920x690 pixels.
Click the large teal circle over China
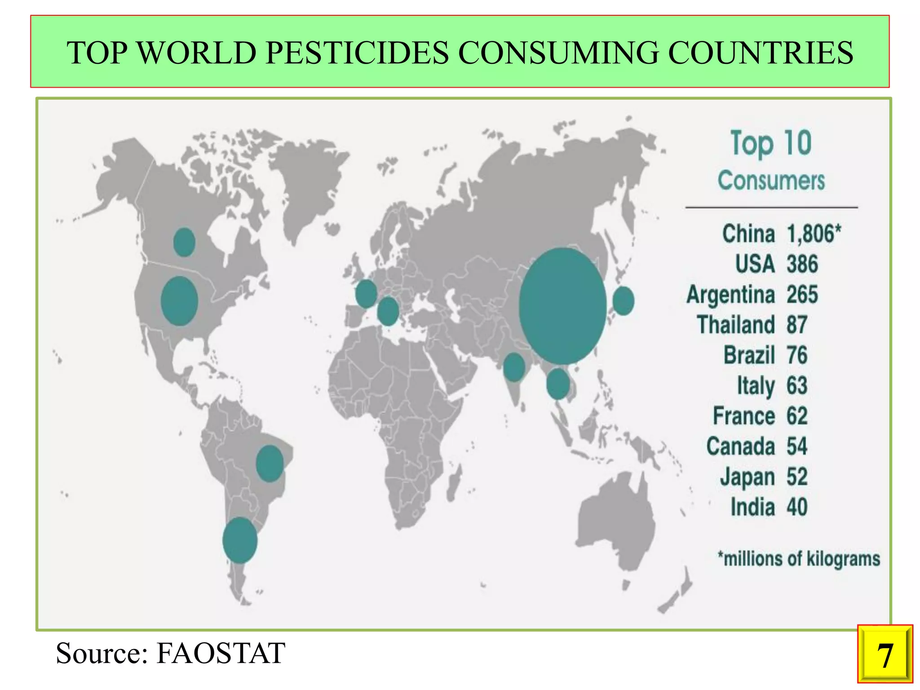coord(562,305)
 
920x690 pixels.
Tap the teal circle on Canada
coord(184,242)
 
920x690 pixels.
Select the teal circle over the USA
coord(179,301)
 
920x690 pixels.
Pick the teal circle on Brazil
coord(270,464)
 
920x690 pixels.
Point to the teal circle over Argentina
coord(240,540)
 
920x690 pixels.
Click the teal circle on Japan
coord(623,301)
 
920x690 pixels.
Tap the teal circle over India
coord(514,367)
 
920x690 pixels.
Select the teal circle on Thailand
coord(558,384)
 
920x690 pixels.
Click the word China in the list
coord(748,234)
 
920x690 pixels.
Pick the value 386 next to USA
coord(802,264)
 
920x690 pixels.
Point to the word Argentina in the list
coord(730,295)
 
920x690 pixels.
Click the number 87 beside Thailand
coord(796,325)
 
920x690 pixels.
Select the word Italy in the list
coord(756,386)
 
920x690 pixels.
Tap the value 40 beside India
coord(796,507)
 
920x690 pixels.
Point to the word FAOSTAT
coord(220,653)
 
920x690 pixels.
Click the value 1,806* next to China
coord(814,234)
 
